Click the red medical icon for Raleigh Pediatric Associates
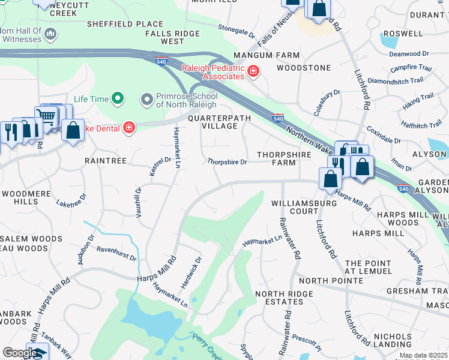254,72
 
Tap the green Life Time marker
118,98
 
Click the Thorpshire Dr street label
227,162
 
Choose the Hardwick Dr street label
190,271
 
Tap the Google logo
20,353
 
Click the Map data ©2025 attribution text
423,356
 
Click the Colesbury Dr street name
327,103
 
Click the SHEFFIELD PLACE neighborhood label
125,24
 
